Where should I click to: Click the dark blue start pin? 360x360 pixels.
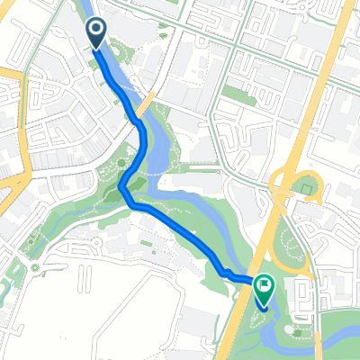[x=96, y=35]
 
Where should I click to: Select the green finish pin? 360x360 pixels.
[x=264, y=291]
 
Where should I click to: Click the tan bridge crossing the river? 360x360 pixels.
[x=148, y=100]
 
